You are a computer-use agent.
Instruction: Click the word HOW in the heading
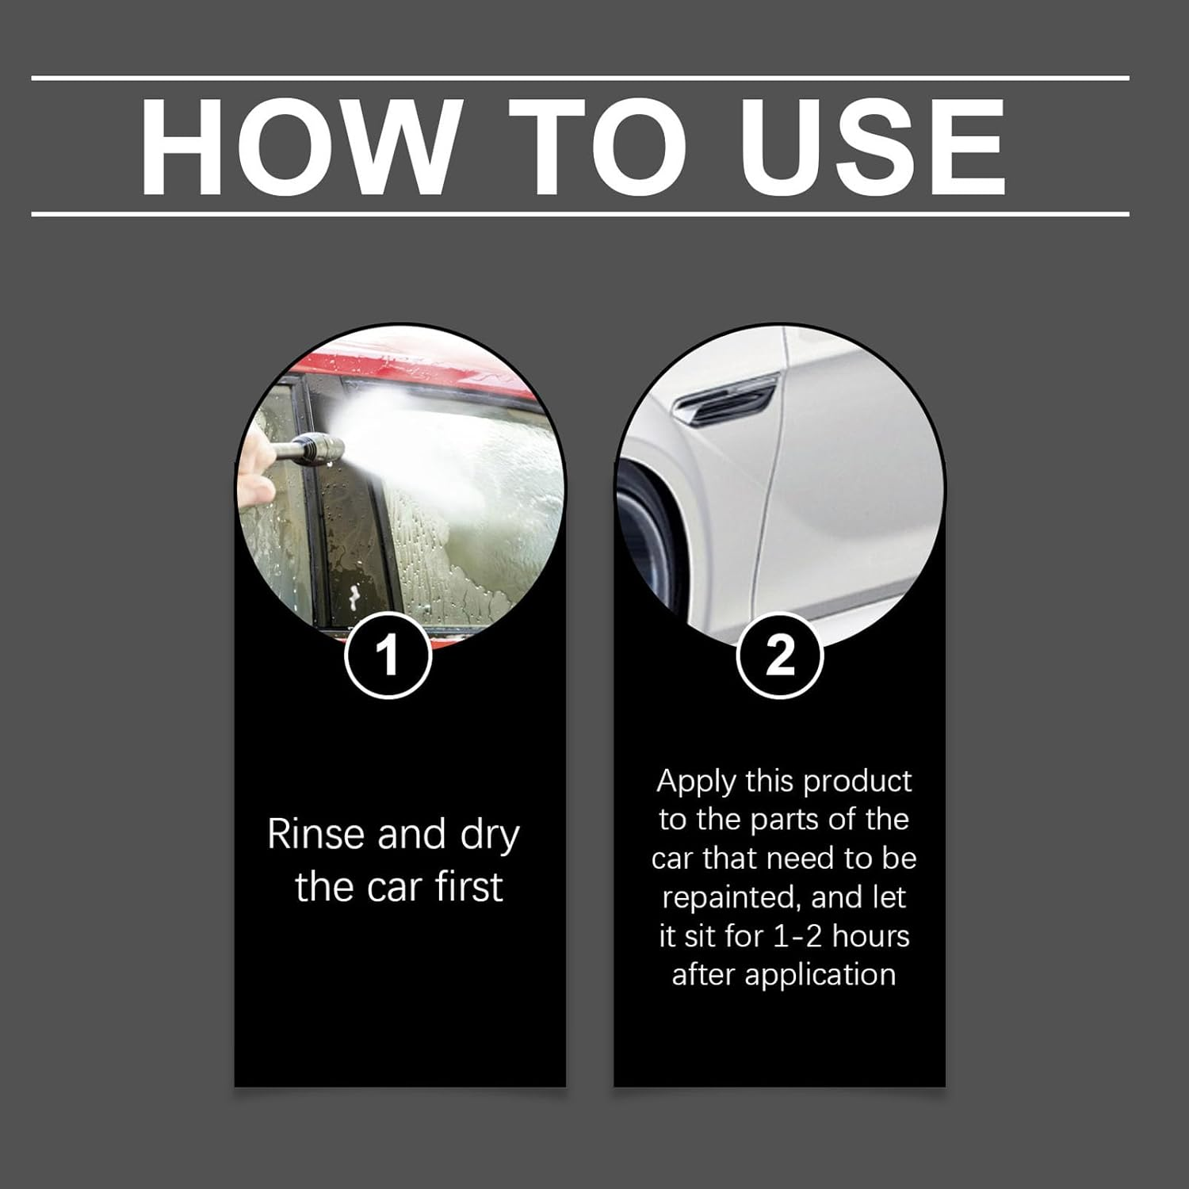coord(300,147)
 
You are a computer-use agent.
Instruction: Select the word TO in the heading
coord(598,147)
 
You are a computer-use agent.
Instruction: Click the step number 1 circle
coord(388,656)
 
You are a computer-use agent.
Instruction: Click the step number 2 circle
coord(780,656)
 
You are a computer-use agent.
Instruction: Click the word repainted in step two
coord(730,898)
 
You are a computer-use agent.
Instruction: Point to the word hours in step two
coord(871,936)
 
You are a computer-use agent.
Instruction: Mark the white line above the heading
coord(580,78)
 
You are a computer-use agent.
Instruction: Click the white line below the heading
coord(580,214)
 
